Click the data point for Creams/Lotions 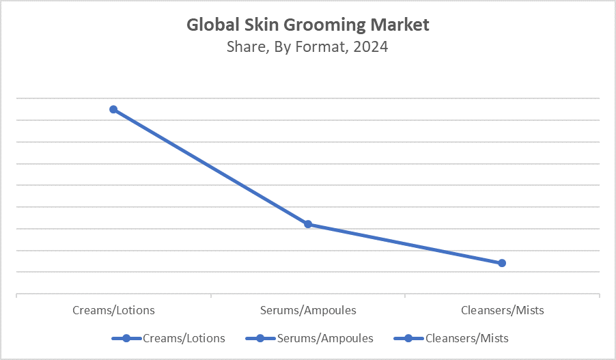(113, 109)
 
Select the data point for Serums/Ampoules (308, 224)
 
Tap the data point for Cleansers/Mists (502, 263)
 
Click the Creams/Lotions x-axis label (113, 310)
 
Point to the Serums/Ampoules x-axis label (308, 310)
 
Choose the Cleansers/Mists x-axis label (502, 310)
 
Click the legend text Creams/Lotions (184, 338)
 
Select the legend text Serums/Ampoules (325, 338)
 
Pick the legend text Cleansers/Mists (466, 338)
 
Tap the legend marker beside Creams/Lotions (126, 338)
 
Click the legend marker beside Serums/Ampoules (260, 338)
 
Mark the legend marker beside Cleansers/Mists (408, 338)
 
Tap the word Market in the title (400, 25)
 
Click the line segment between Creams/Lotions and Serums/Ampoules (210, 167)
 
